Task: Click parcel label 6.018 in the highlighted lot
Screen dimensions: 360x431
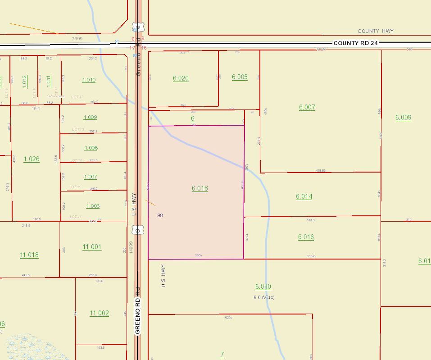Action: tap(200, 188)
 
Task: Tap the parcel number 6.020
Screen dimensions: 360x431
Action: tap(181, 78)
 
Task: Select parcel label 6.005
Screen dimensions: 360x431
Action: tap(240, 77)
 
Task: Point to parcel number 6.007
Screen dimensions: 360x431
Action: tap(307, 107)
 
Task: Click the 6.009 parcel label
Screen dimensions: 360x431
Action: tap(403, 118)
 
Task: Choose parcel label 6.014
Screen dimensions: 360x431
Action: tap(304, 196)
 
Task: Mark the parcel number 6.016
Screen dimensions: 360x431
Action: tap(306, 237)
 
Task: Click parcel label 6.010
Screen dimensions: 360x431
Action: tap(263, 287)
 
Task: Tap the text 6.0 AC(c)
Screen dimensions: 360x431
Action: tap(264, 297)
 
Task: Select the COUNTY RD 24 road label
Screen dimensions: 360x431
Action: tap(355, 43)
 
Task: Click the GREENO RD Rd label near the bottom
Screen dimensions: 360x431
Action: tap(138, 310)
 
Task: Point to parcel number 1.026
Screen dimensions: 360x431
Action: tap(32, 159)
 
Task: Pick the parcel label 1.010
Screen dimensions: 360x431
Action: tap(89, 80)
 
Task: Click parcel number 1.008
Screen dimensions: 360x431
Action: tap(91, 148)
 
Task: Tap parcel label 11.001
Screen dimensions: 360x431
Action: tap(92, 247)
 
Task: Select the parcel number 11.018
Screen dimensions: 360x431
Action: tap(29, 255)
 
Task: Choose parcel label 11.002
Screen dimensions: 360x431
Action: tap(99, 313)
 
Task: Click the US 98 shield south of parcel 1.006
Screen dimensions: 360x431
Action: tap(138, 231)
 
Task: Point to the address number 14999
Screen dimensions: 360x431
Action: tap(131, 246)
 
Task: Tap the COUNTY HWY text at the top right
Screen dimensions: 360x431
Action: tap(376, 31)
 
